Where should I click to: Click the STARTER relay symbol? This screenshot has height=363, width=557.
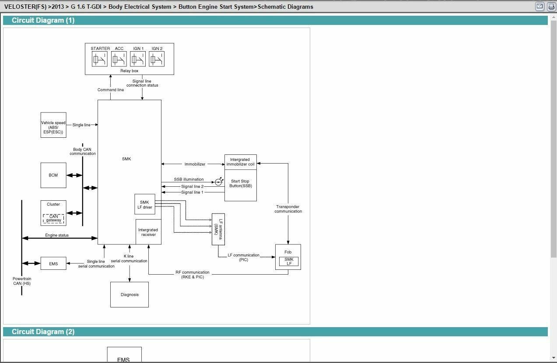tap(99, 59)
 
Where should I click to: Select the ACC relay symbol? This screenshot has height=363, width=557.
tap(119, 59)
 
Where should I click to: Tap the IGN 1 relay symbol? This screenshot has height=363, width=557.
tap(138, 59)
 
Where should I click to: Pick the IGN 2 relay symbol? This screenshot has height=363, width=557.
tap(157, 59)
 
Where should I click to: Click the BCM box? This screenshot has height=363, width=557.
tap(53, 175)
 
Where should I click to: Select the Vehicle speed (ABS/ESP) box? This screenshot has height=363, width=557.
tap(53, 125)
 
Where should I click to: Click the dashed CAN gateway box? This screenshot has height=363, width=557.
tap(53, 219)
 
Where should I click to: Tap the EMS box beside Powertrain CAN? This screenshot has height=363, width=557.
tap(53, 263)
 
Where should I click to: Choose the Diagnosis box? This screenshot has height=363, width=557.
tap(130, 295)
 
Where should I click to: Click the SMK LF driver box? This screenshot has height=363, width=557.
tap(145, 204)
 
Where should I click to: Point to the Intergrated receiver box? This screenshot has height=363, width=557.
tap(148, 232)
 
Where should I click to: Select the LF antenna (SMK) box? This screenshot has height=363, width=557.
tap(218, 229)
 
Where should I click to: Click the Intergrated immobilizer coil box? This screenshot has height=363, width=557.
tap(241, 162)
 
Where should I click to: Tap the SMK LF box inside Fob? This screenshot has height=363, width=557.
tap(289, 261)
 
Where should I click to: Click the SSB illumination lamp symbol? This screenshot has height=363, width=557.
tap(219, 182)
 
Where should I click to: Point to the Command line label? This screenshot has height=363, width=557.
tap(111, 90)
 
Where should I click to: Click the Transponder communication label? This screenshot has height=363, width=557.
tap(288, 209)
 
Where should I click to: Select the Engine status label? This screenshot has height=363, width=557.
tap(57, 235)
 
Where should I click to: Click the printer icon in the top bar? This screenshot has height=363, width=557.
tap(551, 7)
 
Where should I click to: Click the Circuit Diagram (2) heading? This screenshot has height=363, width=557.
tap(43, 332)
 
